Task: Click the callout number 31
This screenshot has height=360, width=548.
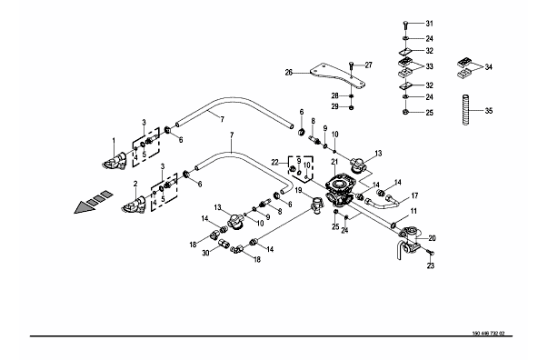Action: click(429, 24)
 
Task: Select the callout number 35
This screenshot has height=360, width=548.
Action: click(489, 111)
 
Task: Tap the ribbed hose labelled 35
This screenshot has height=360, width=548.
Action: click(466, 109)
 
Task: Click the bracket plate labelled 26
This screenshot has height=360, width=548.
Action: click(337, 77)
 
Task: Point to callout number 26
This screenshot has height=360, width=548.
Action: click(289, 73)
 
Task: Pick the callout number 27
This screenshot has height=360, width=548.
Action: click(368, 65)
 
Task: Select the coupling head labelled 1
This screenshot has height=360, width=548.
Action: click(115, 162)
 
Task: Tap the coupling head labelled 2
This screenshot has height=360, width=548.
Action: click(135, 205)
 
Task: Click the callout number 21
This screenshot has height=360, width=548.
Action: click(334, 162)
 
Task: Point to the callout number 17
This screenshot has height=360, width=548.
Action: click(414, 195)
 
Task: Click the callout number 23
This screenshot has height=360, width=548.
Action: click(431, 265)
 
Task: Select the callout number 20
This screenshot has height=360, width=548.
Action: click(432, 238)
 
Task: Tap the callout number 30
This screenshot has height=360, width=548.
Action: click(206, 253)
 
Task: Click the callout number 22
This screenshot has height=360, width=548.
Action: click(275, 162)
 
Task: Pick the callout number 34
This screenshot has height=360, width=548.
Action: click(488, 66)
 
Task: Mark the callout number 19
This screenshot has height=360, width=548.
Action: click(298, 190)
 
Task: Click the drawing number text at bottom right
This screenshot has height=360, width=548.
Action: click(488, 334)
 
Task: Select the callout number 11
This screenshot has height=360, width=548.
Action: click(413, 211)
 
